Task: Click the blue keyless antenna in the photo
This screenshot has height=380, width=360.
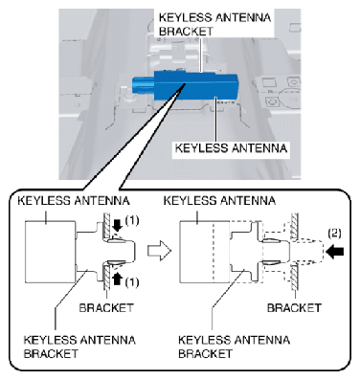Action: pyautogui.click(x=185, y=85)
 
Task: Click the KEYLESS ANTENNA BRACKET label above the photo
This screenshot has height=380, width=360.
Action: pyautogui.click(x=214, y=24)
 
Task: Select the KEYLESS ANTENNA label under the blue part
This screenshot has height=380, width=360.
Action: pyautogui.click(x=231, y=148)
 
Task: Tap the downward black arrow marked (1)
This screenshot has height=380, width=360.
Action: pyautogui.click(x=118, y=226)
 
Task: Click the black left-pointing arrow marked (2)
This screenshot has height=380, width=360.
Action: pyautogui.click(x=335, y=252)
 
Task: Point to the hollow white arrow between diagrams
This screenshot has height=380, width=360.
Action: pyautogui.click(x=159, y=251)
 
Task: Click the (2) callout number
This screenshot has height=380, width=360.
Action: pyautogui.click(x=334, y=234)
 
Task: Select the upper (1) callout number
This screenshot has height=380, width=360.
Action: pyautogui.click(x=132, y=220)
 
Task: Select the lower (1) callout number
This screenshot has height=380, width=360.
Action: pyautogui.click(x=132, y=282)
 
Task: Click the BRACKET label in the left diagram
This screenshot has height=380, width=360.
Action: pyautogui.click(x=106, y=308)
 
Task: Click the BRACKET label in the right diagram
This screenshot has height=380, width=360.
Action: pyautogui.click(x=294, y=308)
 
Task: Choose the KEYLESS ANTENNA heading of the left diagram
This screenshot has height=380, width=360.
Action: pyautogui.click(x=74, y=201)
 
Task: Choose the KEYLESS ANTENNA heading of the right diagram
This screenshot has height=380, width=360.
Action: pyautogui.click(x=219, y=201)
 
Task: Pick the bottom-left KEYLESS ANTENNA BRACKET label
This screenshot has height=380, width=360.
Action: pyautogui.click(x=79, y=346)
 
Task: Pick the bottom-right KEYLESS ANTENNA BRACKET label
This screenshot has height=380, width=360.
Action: pyautogui.click(x=234, y=346)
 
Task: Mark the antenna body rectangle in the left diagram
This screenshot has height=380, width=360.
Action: pyautogui.click(x=51, y=252)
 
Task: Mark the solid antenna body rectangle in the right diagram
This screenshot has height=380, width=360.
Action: pyautogui.click(x=205, y=252)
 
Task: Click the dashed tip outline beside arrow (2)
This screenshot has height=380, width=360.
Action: pyautogui.click(x=307, y=252)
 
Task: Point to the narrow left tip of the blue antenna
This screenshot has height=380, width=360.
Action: pyautogui.click(x=143, y=85)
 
